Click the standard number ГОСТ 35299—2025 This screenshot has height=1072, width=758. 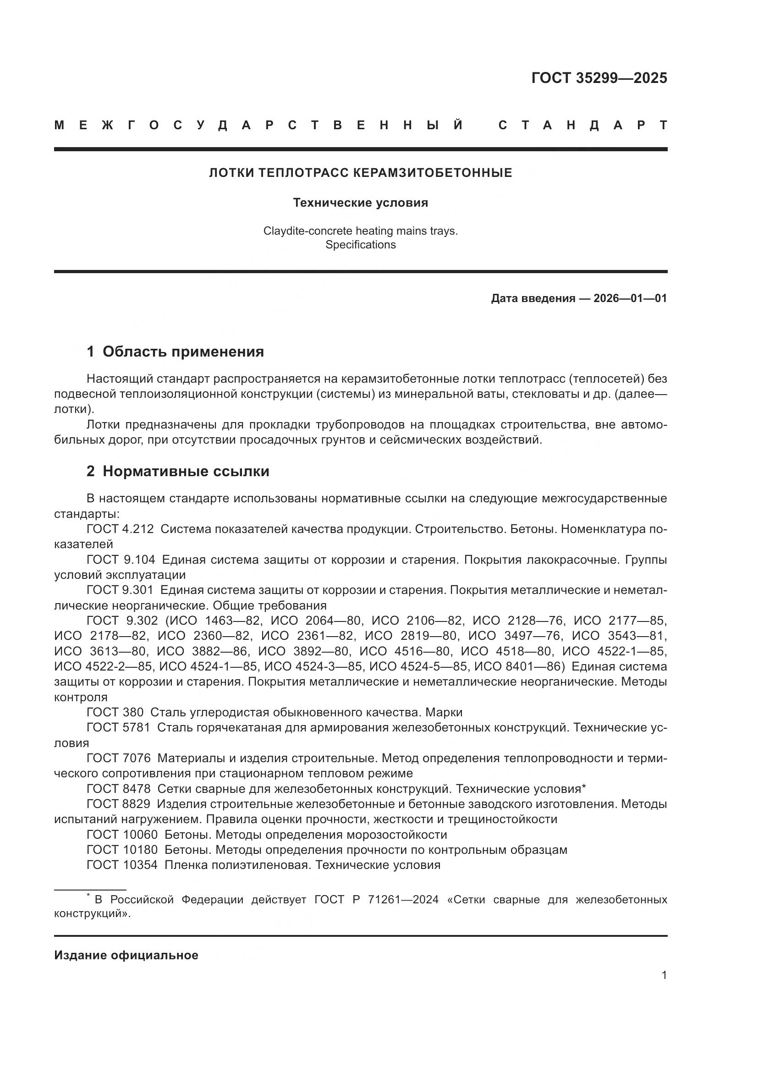point(599,78)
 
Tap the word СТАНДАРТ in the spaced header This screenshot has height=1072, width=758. point(582,125)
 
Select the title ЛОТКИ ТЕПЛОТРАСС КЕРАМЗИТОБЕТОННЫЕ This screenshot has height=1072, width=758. point(360,173)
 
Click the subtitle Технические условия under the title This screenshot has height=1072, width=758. point(360,203)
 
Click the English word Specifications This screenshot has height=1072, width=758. point(360,245)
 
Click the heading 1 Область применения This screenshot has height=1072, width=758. point(175,352)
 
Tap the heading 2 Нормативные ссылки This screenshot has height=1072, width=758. point(178,471)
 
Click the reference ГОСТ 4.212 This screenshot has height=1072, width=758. point(120,529)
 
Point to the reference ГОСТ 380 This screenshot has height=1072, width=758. point(115,712)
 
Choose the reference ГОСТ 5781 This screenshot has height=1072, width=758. point(118,727)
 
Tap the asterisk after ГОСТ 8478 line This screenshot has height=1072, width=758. point(583,788)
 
